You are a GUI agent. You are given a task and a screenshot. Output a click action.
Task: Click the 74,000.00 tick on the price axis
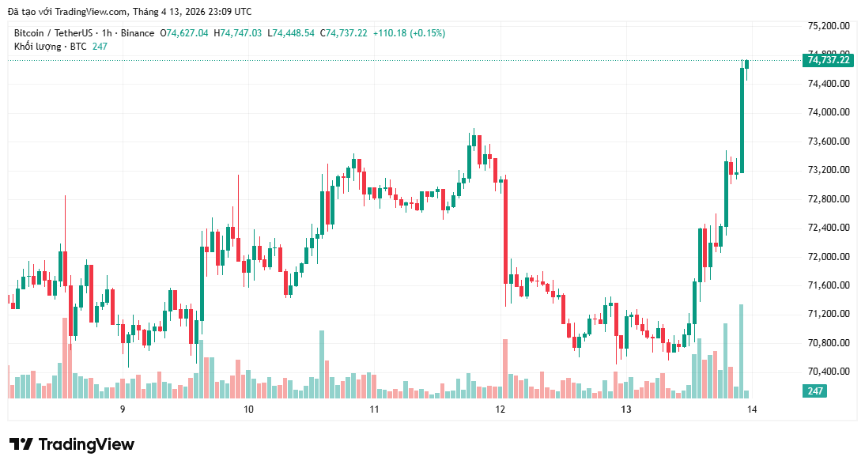828,112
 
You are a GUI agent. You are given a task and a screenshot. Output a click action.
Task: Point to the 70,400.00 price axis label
828,372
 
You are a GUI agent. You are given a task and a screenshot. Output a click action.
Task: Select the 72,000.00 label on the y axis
828,257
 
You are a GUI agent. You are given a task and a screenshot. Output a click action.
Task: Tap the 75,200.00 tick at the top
828,26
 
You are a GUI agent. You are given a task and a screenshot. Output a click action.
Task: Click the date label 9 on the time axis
123,409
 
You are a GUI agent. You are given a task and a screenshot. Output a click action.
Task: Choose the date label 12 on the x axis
500,409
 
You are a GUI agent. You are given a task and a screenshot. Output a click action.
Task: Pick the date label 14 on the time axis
751,409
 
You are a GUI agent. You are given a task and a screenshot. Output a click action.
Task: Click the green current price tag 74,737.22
828,60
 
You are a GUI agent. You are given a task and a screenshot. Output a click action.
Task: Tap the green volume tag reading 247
815,391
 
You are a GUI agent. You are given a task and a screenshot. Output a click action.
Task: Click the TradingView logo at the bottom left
72,444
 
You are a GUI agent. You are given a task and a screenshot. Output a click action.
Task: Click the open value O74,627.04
184,33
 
